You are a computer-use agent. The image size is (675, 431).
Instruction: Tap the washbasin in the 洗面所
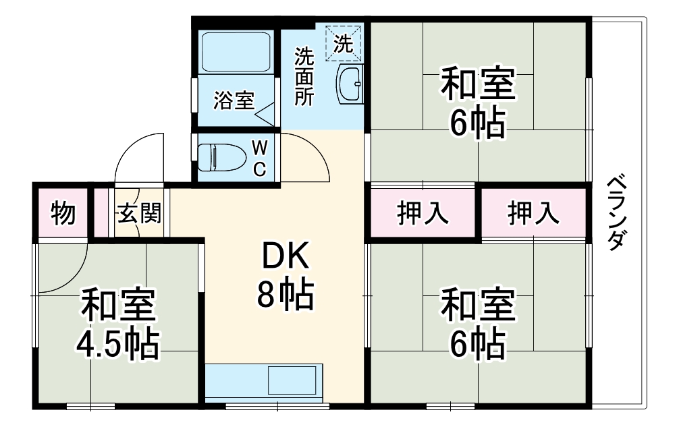[x=350, y=83]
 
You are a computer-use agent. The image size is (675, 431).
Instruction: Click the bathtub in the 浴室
[x=236, y=53]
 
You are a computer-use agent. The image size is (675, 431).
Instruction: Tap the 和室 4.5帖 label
[x=118, y=324]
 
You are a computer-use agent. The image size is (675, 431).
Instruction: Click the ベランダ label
[x=616, y=213]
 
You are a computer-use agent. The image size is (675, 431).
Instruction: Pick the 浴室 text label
[x=234, y=101]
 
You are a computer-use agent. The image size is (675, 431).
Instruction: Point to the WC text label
[x=260, y=158]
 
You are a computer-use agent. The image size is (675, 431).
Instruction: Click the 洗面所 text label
[x=304, y=76]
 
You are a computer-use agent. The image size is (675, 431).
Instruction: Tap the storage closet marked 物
[x=63, y=214]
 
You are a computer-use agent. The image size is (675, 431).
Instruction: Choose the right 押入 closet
[x=533, y=214]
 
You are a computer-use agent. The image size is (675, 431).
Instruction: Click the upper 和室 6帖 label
[x=478, y=101]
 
